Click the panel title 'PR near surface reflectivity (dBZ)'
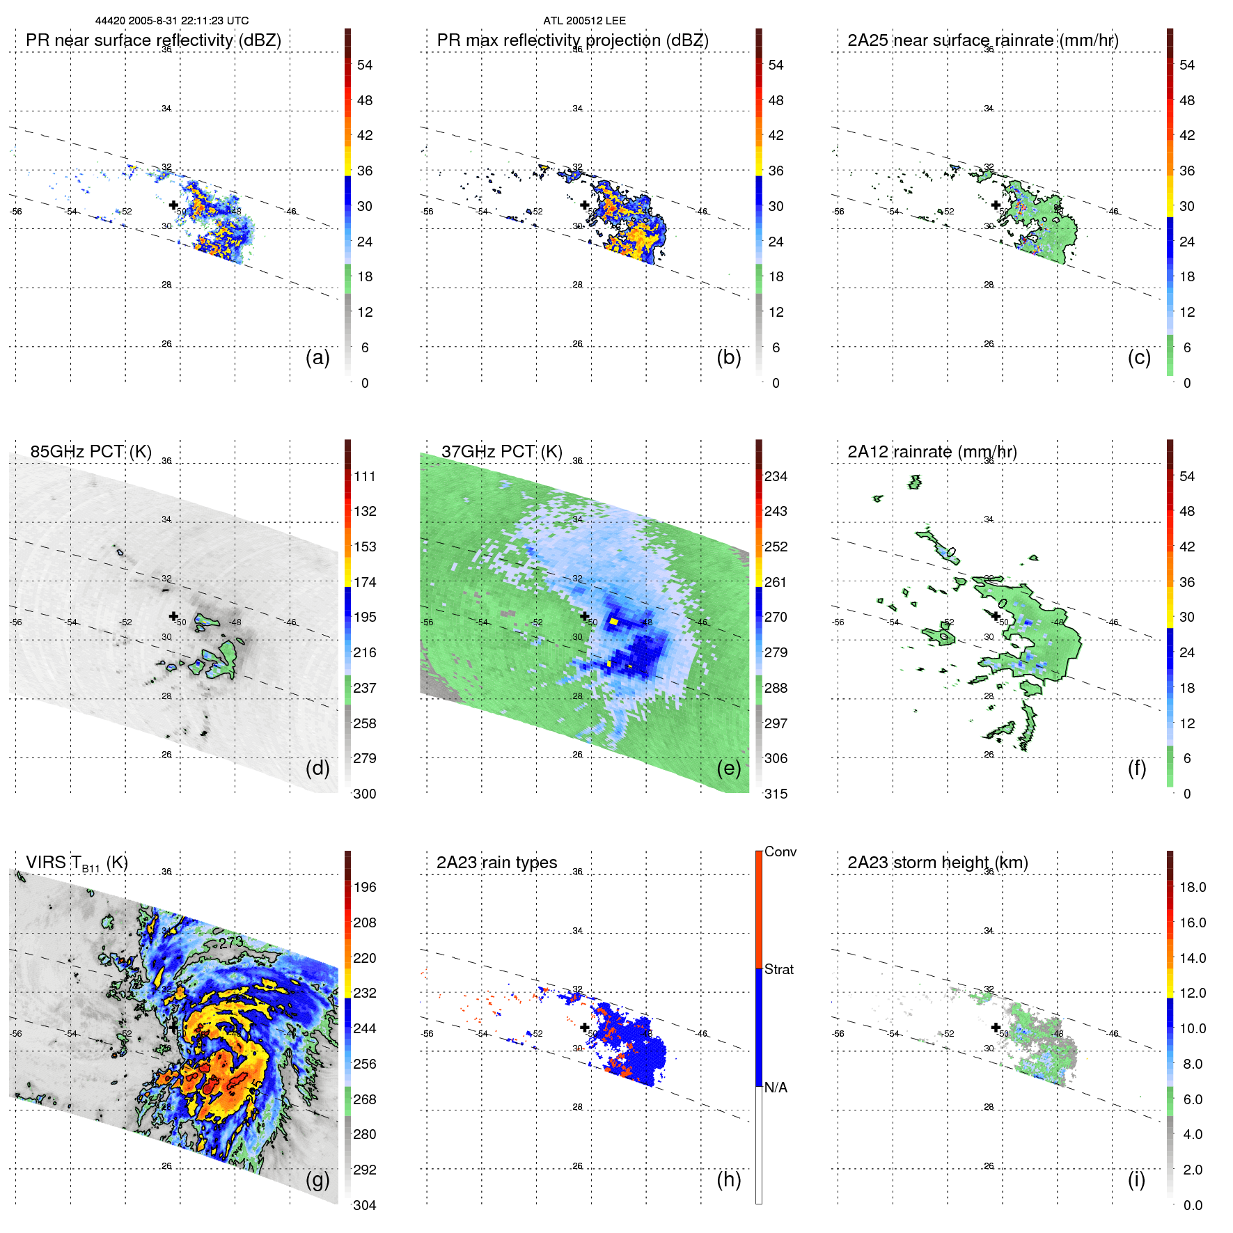153,40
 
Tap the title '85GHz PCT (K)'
91,451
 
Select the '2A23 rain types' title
496,863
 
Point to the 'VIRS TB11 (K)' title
77,863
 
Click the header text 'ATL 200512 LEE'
584,21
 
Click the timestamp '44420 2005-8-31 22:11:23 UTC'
172,21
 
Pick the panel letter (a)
317,358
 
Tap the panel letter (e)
728,769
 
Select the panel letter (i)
1136,1179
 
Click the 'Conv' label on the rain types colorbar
780,851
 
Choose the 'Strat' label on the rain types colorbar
779,969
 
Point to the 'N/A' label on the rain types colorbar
776,1087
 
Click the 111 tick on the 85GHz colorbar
365,476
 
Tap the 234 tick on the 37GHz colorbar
776,476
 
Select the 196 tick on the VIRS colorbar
365,887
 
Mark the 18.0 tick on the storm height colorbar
1192,887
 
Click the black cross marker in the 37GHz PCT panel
585,615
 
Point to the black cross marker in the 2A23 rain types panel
585,1027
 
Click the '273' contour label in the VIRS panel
230,943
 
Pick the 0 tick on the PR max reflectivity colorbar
776,383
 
